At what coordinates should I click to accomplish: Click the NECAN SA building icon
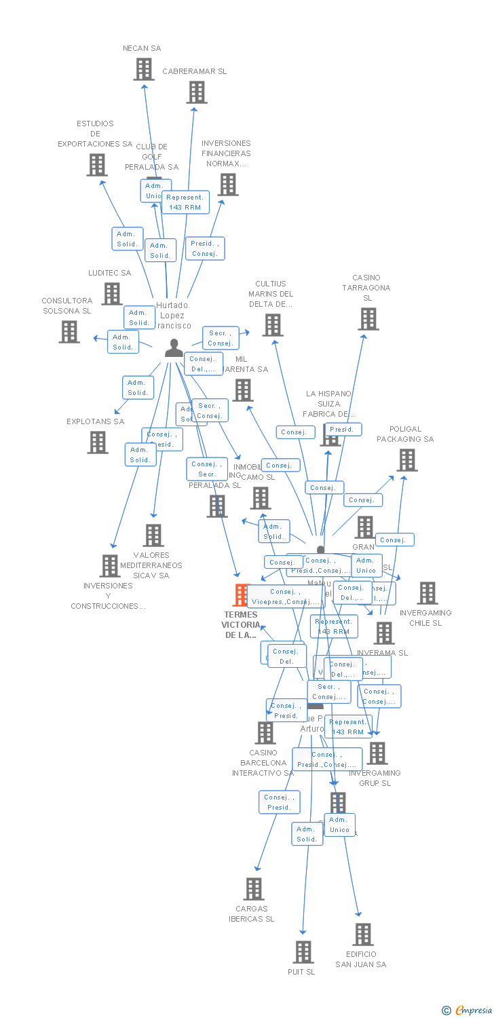coord(144,69)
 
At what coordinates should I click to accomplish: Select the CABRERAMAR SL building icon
coord(197,92)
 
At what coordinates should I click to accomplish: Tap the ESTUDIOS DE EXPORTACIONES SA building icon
coord(97,165)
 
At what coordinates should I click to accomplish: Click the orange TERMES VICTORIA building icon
coord(242,595)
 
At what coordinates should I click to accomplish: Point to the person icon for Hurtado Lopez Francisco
coord(174,348)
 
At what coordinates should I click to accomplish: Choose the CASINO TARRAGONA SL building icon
coord(368,319)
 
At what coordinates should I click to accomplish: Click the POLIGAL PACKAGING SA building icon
coord(407,460)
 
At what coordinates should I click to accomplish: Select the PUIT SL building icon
coord(303,952)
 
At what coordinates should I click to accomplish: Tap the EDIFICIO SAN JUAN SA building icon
coord(363,935)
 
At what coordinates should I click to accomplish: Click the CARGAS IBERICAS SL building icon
coord(254,889)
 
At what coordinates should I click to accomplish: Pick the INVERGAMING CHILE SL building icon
coord(427,593)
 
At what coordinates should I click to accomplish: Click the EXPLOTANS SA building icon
coord(98,442)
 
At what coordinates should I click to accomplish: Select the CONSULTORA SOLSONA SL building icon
coord(69,332)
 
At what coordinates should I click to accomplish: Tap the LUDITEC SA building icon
coord(112,294)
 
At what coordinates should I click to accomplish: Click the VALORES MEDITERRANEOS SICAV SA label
coord(151,565)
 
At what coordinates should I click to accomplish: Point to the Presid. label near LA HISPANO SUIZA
coord(343,430)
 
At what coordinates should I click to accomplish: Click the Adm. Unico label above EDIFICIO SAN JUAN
coord(339,825)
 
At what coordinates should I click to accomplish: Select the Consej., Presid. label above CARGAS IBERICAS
coord(279,802)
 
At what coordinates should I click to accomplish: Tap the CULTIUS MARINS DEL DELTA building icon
coord(273,325)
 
